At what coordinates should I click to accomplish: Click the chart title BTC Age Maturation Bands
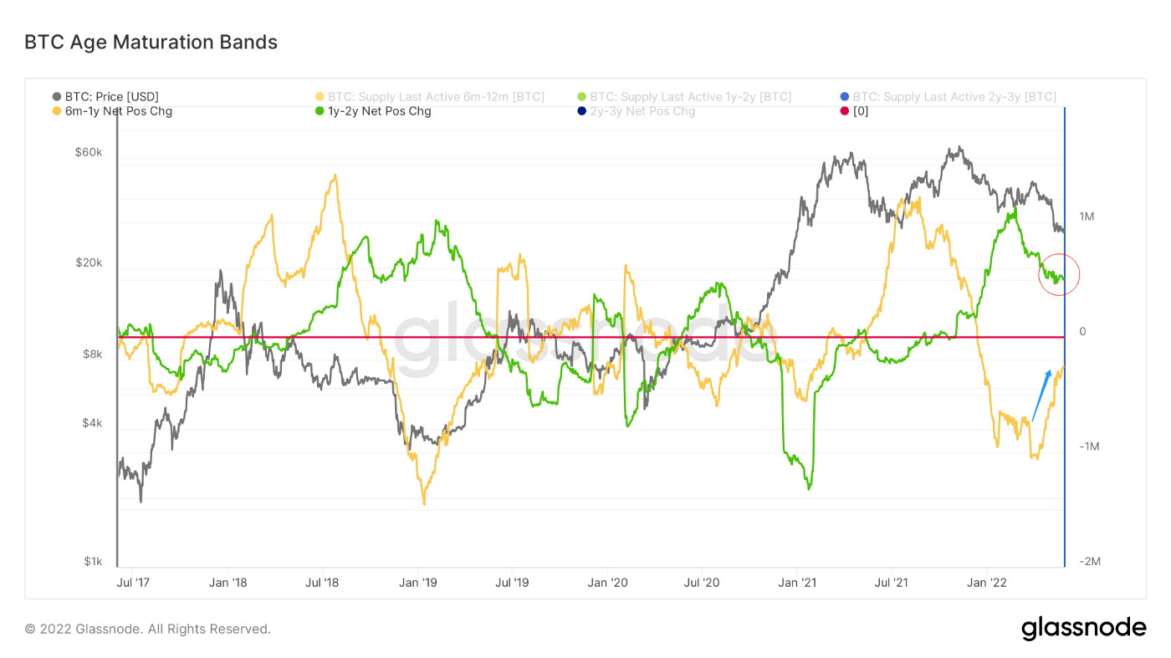[x=151, y=42]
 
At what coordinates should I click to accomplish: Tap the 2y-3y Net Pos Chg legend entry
[x=642, y=110]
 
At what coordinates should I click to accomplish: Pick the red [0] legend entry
[x=860, y=110]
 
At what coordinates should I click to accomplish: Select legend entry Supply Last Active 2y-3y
[x=954, y=97]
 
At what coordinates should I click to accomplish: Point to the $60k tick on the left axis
[x=88, y=153]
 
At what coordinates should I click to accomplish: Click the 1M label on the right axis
[x=1087, y=217]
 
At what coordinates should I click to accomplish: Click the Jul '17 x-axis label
[x=130, y=582]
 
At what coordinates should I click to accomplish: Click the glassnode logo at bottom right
[x=1083, y=628]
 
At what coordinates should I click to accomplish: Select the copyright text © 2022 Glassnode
[x=147, y=629]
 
